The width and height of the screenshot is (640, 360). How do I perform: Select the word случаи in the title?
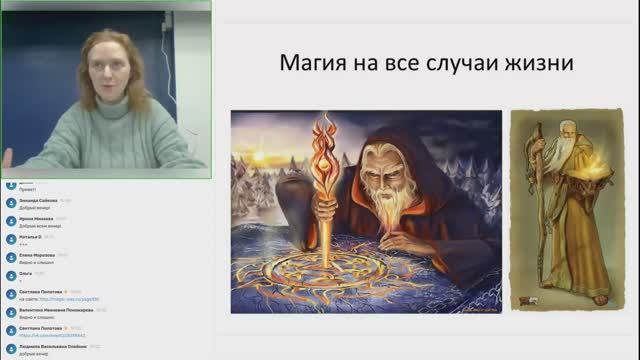coord(457,65)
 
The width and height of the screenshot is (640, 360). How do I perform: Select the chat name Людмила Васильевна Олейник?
coord(54,347)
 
